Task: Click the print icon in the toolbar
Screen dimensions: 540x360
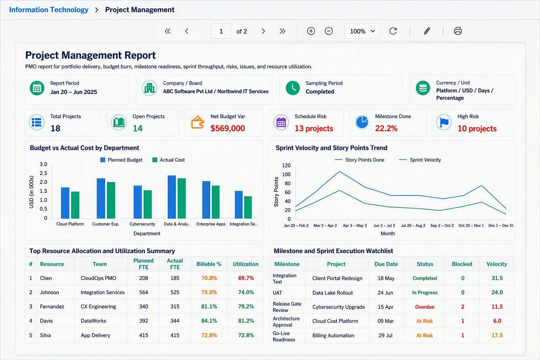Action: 458,31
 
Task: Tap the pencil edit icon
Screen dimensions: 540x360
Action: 427,31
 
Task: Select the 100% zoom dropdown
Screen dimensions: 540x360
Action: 362,31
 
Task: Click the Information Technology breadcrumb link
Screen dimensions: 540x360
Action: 49,9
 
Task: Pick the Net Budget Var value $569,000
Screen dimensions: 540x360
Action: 227,128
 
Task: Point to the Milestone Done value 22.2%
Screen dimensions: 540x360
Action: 386,128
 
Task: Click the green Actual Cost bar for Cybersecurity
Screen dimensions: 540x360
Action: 148,205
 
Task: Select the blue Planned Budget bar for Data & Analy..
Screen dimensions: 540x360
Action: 172,197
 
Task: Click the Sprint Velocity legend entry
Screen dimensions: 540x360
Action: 420,160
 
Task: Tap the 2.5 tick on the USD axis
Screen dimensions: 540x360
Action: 43,173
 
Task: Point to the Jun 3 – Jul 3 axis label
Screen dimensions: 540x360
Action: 384,225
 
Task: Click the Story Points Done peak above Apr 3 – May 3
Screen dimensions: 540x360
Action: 339,172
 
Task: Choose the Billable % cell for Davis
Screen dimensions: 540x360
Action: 209,321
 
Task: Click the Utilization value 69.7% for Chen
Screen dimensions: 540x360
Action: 246,278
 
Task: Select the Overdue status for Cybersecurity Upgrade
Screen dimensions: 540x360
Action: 425,307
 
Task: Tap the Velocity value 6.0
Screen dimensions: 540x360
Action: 497,321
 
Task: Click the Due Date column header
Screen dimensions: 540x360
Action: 386,264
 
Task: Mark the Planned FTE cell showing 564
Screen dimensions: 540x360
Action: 144,292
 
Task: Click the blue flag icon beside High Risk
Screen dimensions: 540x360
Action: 444,122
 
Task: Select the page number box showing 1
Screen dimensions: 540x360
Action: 221,31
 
